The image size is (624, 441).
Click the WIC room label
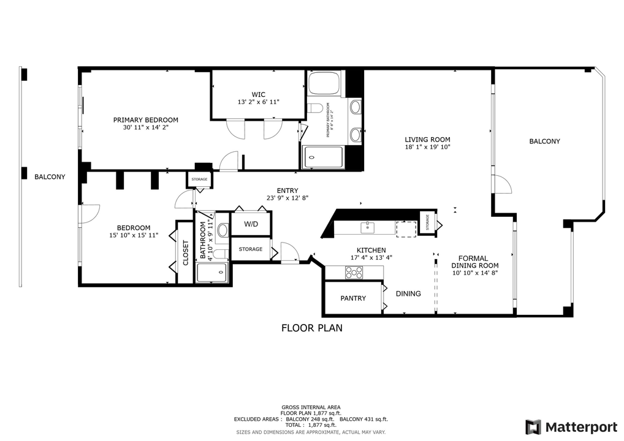pyautogui.click(x=258, y=94)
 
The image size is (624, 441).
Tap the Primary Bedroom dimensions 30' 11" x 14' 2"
pyautogui.click(x=145, y=127)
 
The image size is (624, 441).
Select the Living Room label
pyautogui.click(x=427, y=139)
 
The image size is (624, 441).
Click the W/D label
pyautogui.click(x=251, y=224)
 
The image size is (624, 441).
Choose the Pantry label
pyautogui.click(x=353, y=298)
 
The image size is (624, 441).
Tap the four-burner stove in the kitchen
pyautogui.click(x=354, y=273)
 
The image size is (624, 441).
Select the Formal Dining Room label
pyautogui.click(x=474, y=262)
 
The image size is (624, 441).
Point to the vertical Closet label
pyautogui.click(x=186, y=252)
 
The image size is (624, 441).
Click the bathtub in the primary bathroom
pyautogui.click(x=324, y=83)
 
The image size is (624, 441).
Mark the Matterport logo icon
pyautogui.click(x=533, y=426)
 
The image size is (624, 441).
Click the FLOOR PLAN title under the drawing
pyautogui.click(x=311, y=328)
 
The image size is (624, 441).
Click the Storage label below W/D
pyautogui.click(x=250, y=249)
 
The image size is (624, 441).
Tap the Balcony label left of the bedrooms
pyautogui.click(x=50, y=177)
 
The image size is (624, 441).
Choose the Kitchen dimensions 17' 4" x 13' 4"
pyautogui.click(x=371, y=258)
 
